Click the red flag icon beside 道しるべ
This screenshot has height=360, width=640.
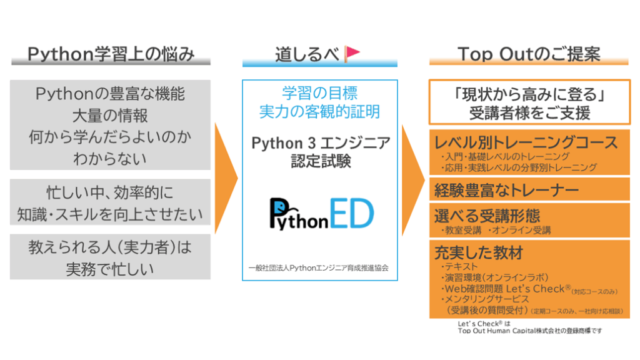point(351,54)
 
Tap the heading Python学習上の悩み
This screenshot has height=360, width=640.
point(111,54)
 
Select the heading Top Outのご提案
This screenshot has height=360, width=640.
point(529,54)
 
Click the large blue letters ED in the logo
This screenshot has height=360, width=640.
point(351,213)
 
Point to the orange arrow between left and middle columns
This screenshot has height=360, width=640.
point(226,178)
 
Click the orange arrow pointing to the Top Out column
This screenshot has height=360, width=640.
point(413,180)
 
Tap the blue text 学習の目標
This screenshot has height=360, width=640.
point(319,93)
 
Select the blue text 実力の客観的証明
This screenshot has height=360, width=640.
point(319,111)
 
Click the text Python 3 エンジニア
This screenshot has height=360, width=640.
point(321,143)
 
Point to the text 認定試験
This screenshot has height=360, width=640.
point(321,161)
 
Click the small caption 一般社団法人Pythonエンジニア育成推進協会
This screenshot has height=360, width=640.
point(318,267)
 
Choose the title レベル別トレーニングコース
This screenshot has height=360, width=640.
point(526,142)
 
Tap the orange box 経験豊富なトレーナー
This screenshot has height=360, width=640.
point(529,189)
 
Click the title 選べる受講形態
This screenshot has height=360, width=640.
point(487,216)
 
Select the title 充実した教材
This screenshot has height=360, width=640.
point(478,252)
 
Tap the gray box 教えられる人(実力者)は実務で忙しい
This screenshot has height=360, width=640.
point(110,257)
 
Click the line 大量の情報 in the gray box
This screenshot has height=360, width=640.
point(110,116)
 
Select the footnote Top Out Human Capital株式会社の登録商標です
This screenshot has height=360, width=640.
point(530,331)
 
